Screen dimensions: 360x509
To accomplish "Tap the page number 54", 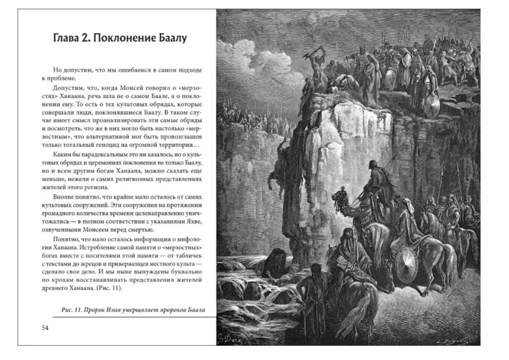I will point(45,327).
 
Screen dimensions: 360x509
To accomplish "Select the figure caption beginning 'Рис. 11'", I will point(132,310).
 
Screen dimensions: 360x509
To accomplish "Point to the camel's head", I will point(340,196).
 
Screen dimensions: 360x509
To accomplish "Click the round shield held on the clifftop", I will point(432,105).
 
